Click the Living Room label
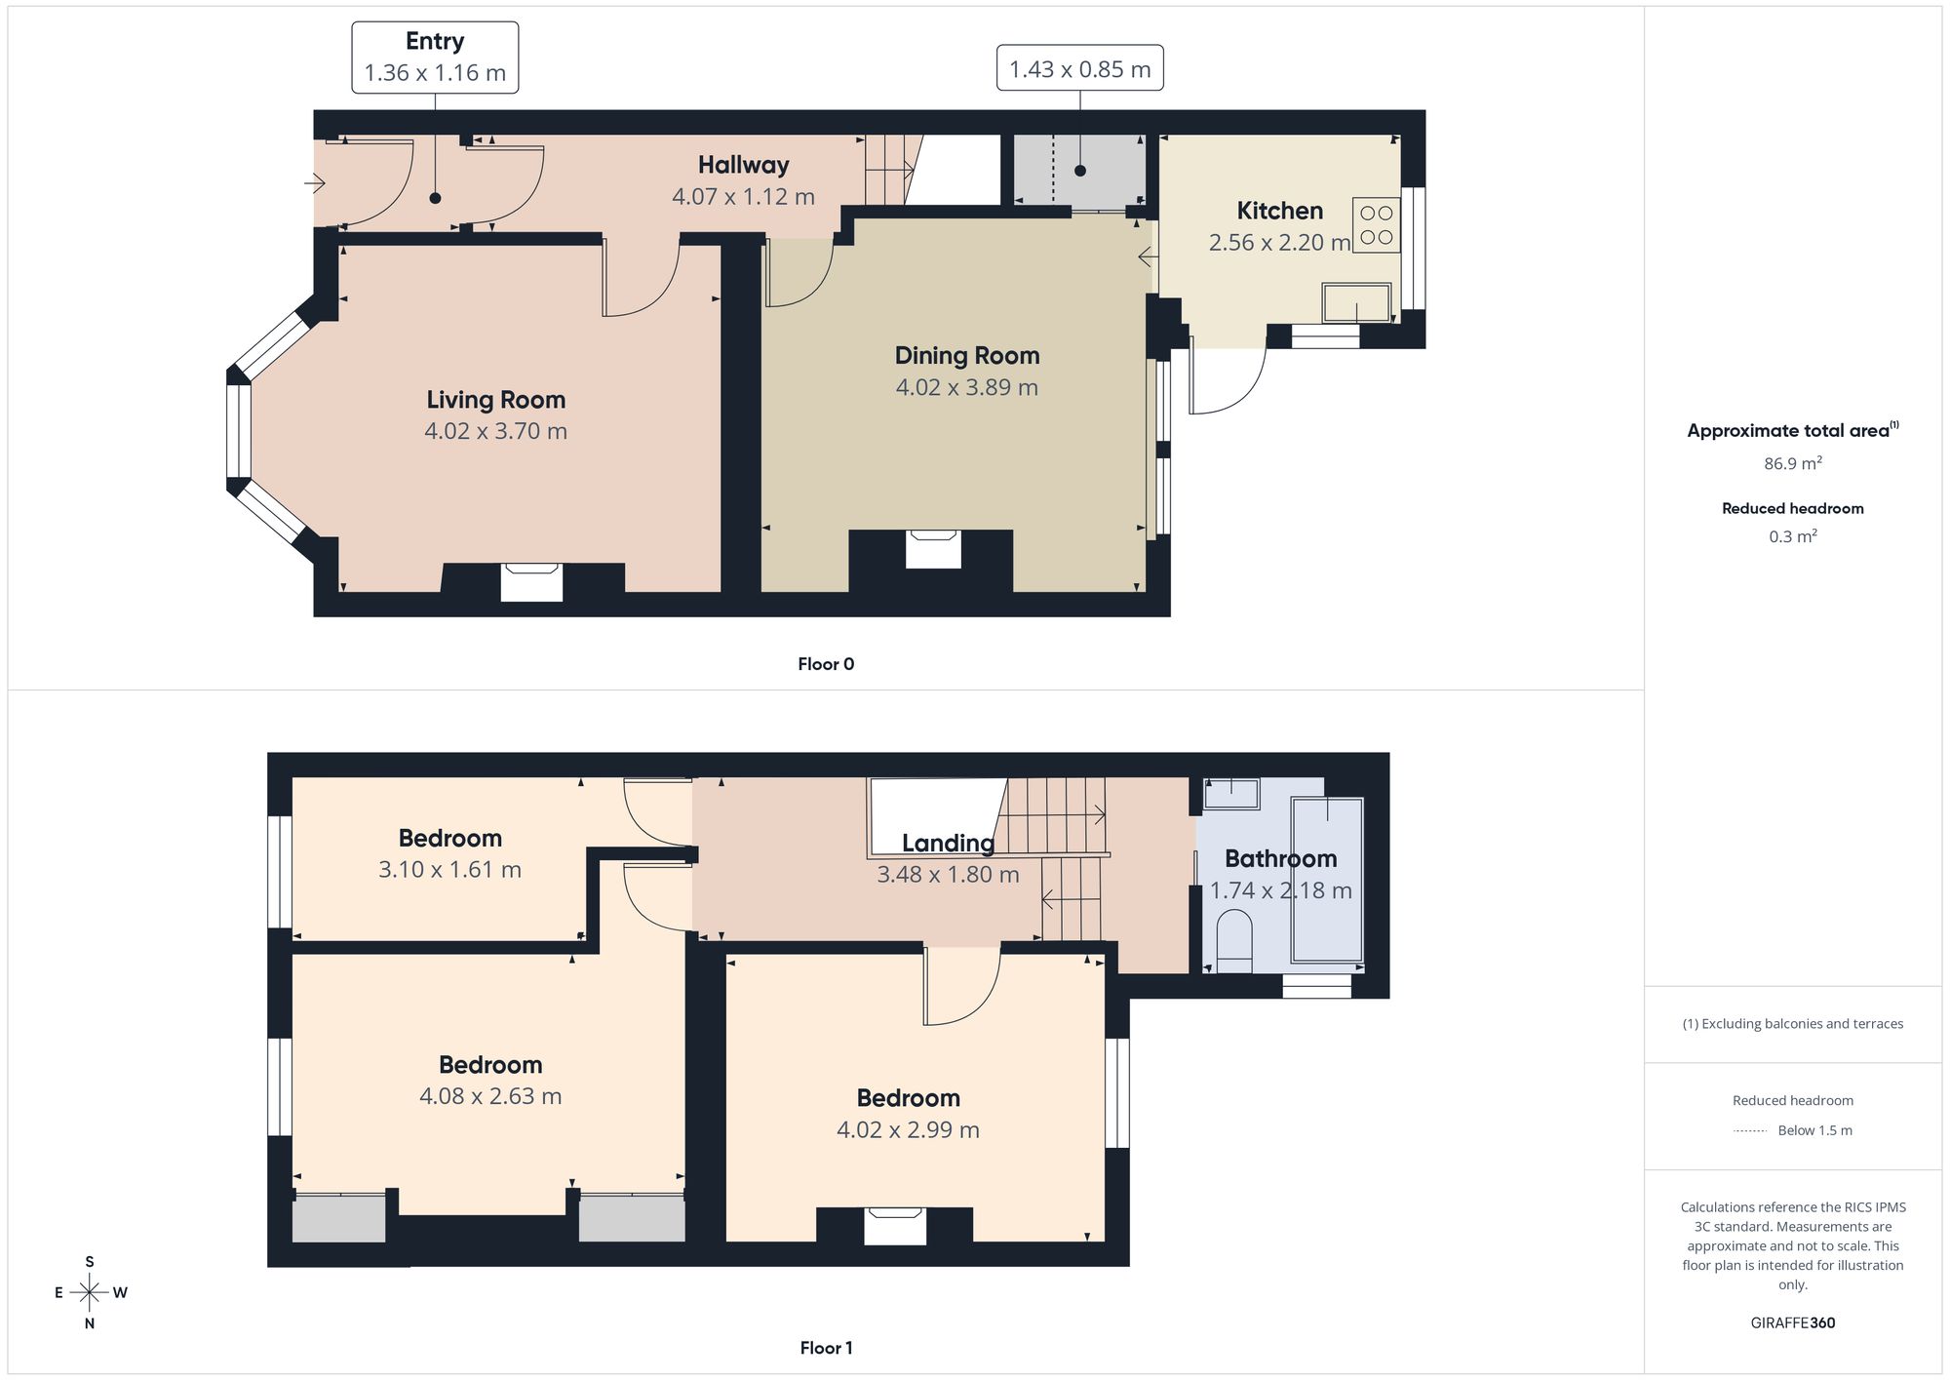pos(495,400)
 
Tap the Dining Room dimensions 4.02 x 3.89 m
pos(966,387)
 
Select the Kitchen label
pos(1279,211)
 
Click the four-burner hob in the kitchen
pos(1376,225)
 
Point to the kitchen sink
pos(1356,302)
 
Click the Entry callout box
pos(435,58)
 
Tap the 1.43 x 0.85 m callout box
pos(1079,68)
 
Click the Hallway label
pos(743,165)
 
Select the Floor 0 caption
pos(826,664)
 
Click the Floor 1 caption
pos(826,1348)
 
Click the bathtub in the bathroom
pos(1327,880)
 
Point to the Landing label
pos(948,843)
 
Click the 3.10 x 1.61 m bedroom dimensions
pos(449,869)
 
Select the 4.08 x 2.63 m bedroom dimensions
pos(490,1096)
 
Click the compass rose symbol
pos(90,1293)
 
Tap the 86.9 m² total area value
pos(1792,463)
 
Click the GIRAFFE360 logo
pos(1792,1322)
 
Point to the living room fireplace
pos(531,582)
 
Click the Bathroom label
pos(1280,858)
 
